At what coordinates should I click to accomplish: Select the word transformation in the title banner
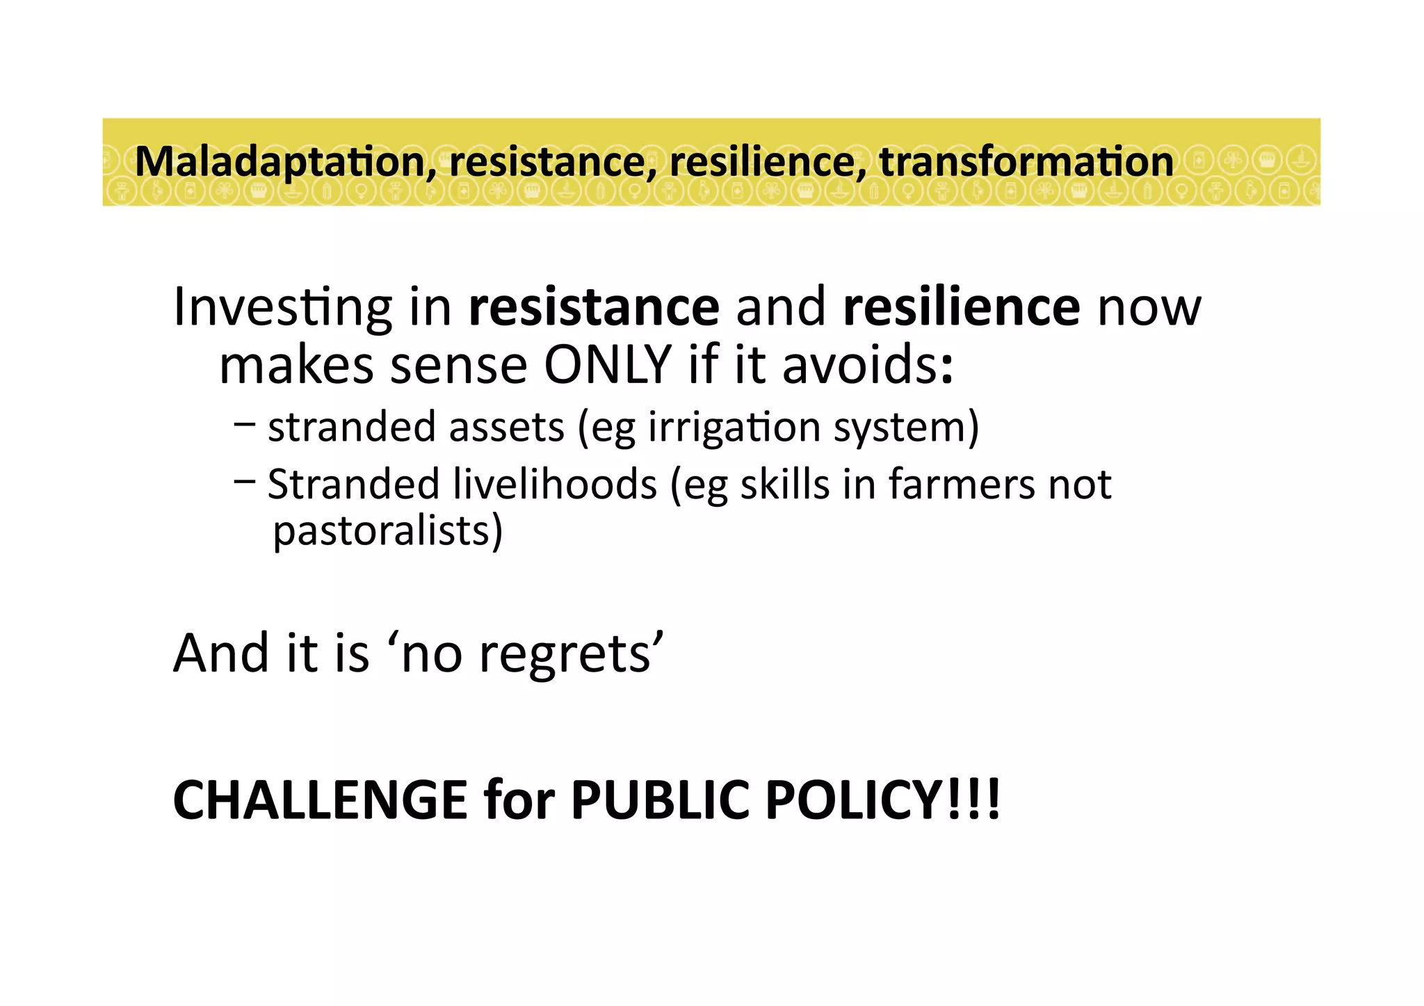click(x=1026, y=161)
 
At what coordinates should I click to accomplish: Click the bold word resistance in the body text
click(x=594, y=307)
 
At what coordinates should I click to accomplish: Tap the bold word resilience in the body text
click(x=961, y=307)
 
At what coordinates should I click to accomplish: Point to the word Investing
click(x=282, y=308)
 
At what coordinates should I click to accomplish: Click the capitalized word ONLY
click(x=607, y=365)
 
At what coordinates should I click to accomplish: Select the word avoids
click(x=866, y=365)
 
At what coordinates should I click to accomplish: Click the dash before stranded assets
click(x=245, y=423)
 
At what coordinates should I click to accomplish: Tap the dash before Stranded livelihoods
click(x=245, y=480)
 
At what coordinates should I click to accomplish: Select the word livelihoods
click(x=554, y=484)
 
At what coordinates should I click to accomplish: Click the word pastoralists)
click(x=387, y=532)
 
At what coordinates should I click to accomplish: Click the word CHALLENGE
click(x=320, y=800)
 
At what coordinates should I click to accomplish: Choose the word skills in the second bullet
click(x=784, y=484)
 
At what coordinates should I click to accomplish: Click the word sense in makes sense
click(x=459, y=366)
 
